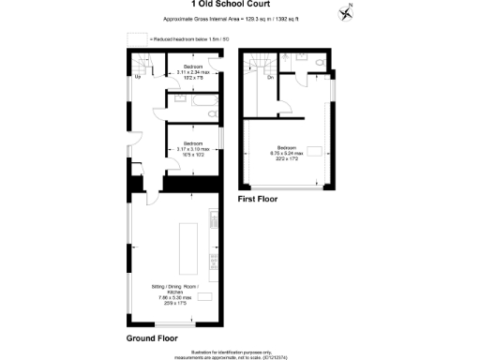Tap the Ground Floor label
click(152, 337)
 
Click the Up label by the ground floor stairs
click(138, 77)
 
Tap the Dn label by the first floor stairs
click(270, 78)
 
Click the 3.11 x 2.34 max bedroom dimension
click(194, 72)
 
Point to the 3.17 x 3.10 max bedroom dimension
click(193, 149)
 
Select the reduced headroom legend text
click(182, 38)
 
